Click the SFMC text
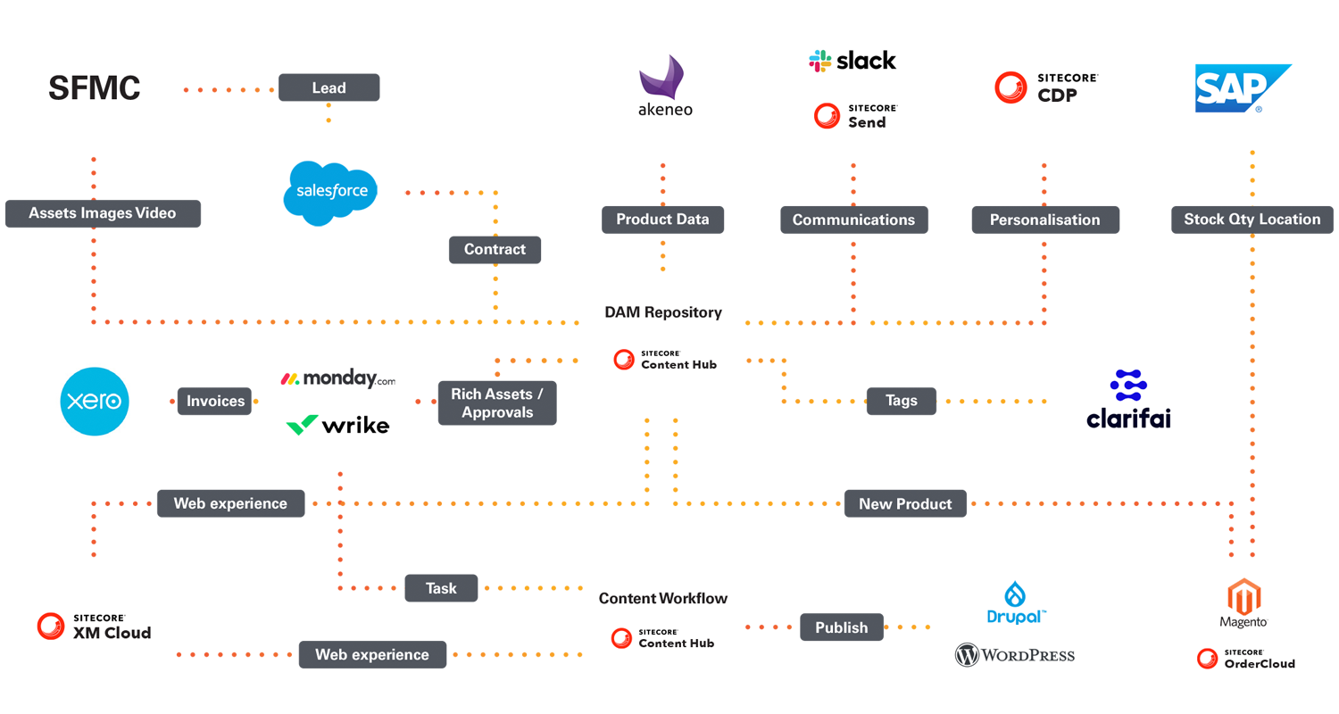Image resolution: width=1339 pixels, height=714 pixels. [x=95, y=88]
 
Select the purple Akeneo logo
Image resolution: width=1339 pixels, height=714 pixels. [x=665, y=87]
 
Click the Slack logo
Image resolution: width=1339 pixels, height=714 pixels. [x=852, y=61]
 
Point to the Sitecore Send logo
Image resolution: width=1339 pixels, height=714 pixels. [x=855, y=116]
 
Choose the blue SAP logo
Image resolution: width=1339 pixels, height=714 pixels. [x=1242, y=88]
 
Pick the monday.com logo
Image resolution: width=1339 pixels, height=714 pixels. [x=337, y=379]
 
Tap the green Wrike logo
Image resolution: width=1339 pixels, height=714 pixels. [x=337, y=425]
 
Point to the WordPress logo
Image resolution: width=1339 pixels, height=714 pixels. [x=1015, y=655]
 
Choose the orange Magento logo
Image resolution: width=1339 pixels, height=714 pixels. [x=1243, y=603]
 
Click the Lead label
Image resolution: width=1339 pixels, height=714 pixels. [x=329, y=87]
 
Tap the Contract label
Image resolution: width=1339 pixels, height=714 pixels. [x=495, y=249]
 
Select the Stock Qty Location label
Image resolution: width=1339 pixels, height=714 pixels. [x=1252, y=219]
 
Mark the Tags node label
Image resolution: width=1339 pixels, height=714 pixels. [x=901, y=401]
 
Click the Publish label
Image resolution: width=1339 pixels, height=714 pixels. [x=841, y=627]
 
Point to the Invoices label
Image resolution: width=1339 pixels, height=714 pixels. [x=215, y=401]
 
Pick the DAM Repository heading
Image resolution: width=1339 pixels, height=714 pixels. [x=663, y=312]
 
